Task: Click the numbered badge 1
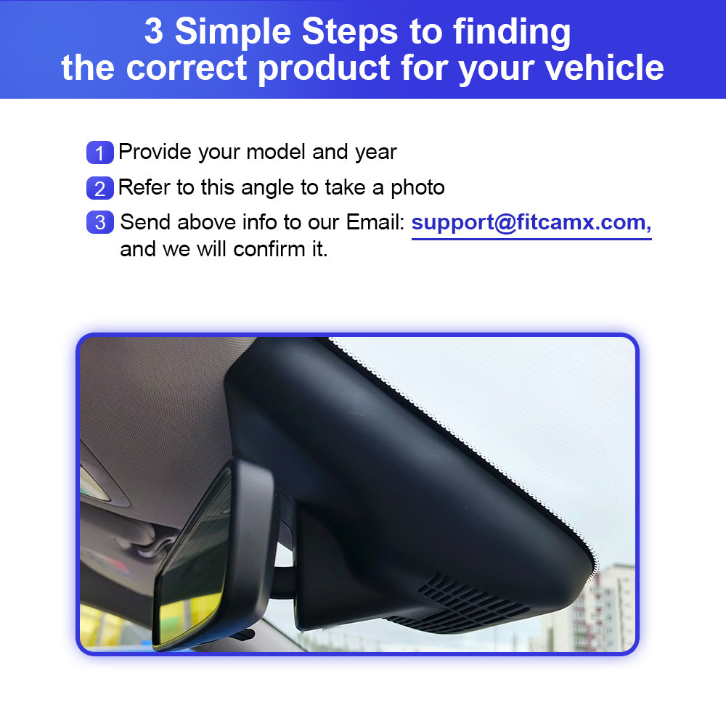click(x=100, y=152)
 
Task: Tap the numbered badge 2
click(x=100, y=189)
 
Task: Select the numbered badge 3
click(x=100, y=222)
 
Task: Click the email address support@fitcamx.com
click(x=531, y=223)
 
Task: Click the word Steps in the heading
click(x=350, y=31)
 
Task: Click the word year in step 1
click(x=375, y=152)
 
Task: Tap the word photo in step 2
click(x=417, y=188)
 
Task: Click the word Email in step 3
click(x=375, y=222)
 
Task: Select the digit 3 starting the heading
click(x=154, y=31)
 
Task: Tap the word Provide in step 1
click(x=155, y=152)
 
